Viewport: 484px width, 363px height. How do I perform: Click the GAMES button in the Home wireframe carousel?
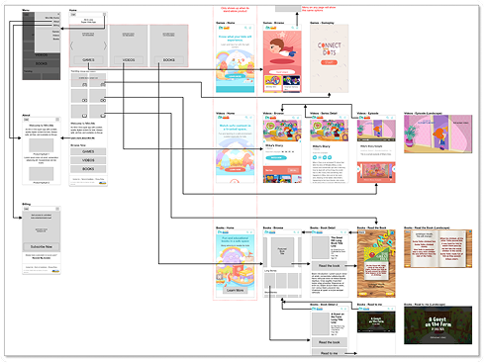click(88, 59)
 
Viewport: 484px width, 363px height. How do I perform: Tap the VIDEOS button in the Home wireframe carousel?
click(129, 59)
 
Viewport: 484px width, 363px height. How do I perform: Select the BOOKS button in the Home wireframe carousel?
click(168, 59)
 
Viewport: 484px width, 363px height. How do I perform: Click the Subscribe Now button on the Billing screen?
click(40, 246)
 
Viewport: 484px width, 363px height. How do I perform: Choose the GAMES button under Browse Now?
click(88, 149)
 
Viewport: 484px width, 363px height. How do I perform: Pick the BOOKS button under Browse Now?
click(88, 169)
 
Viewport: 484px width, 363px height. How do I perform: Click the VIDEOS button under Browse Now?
click(88, 159)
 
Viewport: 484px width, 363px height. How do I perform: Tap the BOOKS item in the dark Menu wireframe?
click(40, 61)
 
